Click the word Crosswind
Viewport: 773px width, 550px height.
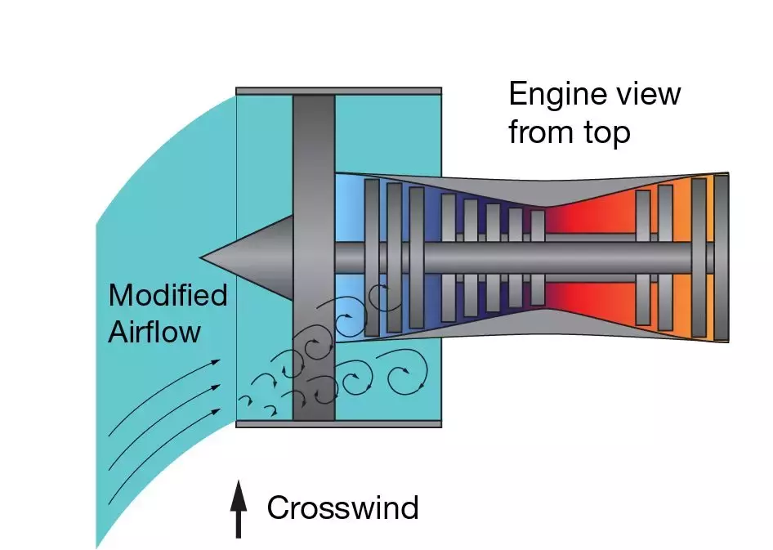coord(342,508)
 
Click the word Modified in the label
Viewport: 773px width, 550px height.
coord(168,294)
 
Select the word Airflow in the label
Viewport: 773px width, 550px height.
coord(154,332)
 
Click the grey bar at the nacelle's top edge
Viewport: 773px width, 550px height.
coord(338,91)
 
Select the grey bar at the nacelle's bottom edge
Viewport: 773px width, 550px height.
coord(338,423)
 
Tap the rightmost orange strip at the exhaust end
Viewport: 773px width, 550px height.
coord(722,258)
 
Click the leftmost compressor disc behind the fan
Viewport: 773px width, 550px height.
coord(372,257)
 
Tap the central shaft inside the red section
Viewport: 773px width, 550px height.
coord(588,257)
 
